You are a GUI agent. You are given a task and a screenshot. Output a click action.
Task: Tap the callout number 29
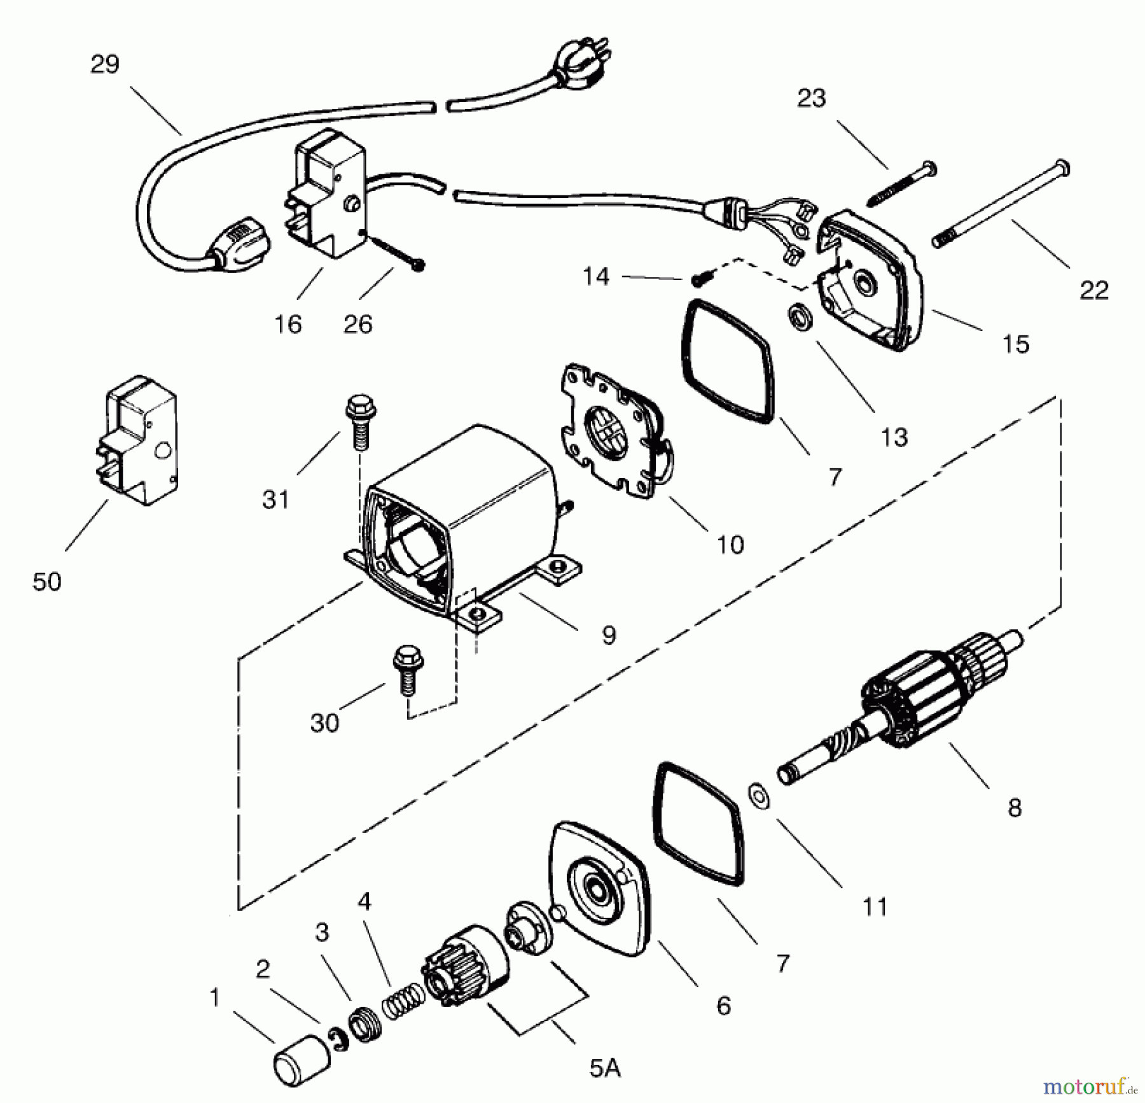(x=105, y=64)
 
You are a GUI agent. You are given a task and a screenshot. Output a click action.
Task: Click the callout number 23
(x=811, y=98)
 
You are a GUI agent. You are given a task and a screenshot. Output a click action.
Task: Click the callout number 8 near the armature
(x=1015, y=808)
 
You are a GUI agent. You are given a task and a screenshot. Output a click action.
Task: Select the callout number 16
(x=288, y=325)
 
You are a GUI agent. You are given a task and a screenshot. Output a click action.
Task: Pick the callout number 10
(x=730, y=545)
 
